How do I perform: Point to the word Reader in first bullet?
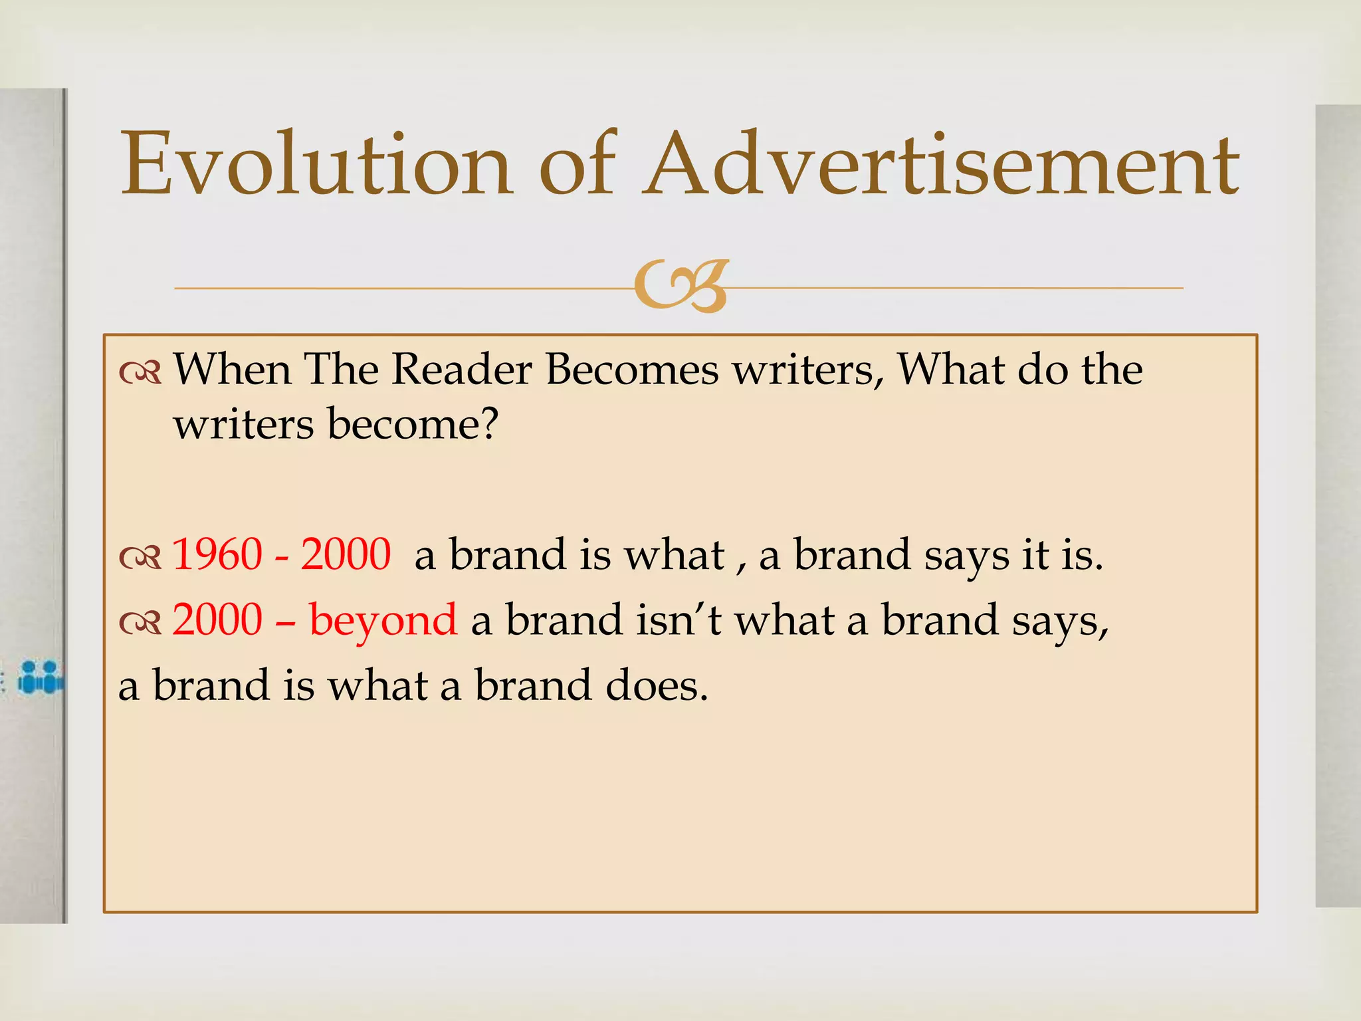pos(461,370)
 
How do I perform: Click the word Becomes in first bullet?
pos(632,370)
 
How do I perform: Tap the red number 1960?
pos(217,554)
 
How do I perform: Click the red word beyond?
pos(383,620)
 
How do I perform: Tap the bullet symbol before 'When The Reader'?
pos(140,374)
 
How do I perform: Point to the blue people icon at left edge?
pos(40,677)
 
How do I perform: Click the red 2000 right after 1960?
pos(346,554)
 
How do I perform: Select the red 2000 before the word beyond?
pos(217,620)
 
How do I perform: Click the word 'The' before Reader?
pos(341,370)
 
